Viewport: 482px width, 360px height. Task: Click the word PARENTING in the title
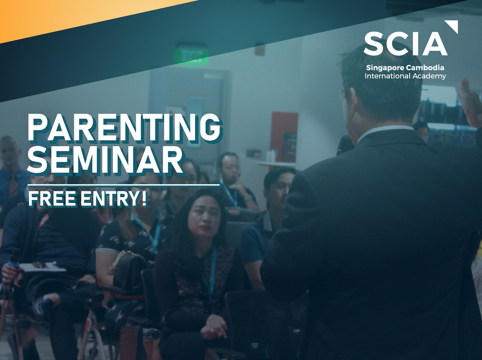[x=124, y=127]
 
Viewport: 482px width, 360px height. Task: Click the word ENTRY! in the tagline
[x=113, y=199]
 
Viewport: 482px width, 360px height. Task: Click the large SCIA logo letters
[x=405, y=44]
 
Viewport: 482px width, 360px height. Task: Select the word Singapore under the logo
[x=385, y=68]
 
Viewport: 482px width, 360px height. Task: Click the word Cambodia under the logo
[x=425, y=68]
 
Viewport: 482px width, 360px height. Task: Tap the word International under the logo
[x=387, y=76]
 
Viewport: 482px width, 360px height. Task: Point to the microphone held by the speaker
[x=345, y=145]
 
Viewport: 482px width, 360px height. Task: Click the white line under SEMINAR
[x=123, y=185]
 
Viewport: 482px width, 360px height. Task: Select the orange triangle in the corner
[x=66, y=15]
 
